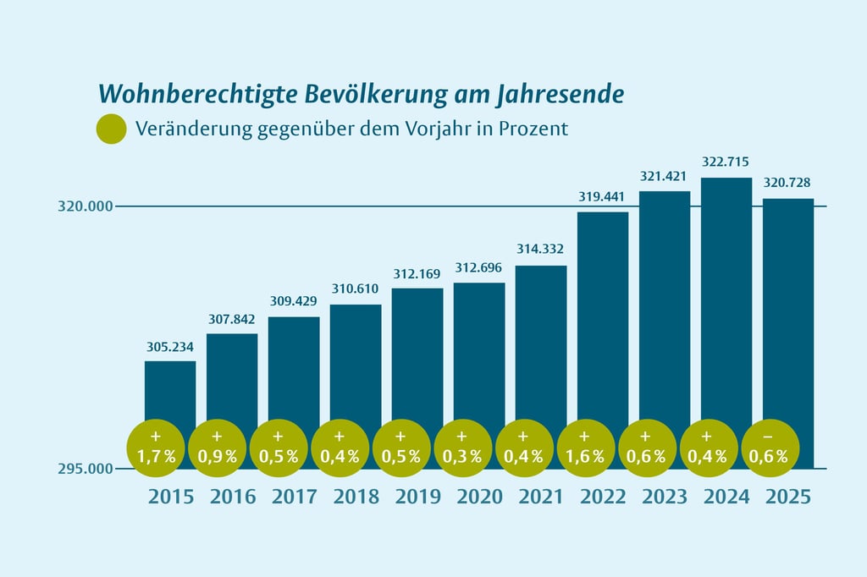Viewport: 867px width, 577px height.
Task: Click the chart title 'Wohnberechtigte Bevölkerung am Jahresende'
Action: pyautogui.click(x=362, y=94)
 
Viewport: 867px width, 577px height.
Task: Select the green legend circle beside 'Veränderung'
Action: pyautogui.click(x=112, y=129)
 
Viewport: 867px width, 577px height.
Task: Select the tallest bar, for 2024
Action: pyautogui.click(x=726, y=296)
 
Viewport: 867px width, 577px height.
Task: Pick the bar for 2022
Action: pyautogui.click(x=603, y=313)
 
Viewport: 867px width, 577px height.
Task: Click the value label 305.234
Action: pyautogui.click(x=170, y=347)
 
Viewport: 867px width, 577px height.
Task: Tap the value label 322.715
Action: pyautogui.click(x=726, y=162)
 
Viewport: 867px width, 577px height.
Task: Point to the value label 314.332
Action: pyautogui.click(x=541, y=250)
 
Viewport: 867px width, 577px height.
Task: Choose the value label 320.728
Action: pyautogui.click(x=788, y=183)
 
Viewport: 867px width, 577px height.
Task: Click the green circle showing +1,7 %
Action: pyautogui.click(x=155, y=448)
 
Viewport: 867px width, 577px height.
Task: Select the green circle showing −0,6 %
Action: pyautogui.click(x=770, y=448)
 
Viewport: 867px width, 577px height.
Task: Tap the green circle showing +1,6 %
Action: pyautogui.click(x=586, y=448)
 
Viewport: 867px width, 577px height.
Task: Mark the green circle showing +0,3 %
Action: pyautogui.click(x=462, y=448)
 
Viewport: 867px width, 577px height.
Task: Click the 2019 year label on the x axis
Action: pyautogui.click(x=417, y=497)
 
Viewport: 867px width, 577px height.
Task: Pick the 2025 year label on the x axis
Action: pyautogui.click(x=788, y=497)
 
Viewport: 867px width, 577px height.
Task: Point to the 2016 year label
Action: pyautogui.click(x=232, y=497)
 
